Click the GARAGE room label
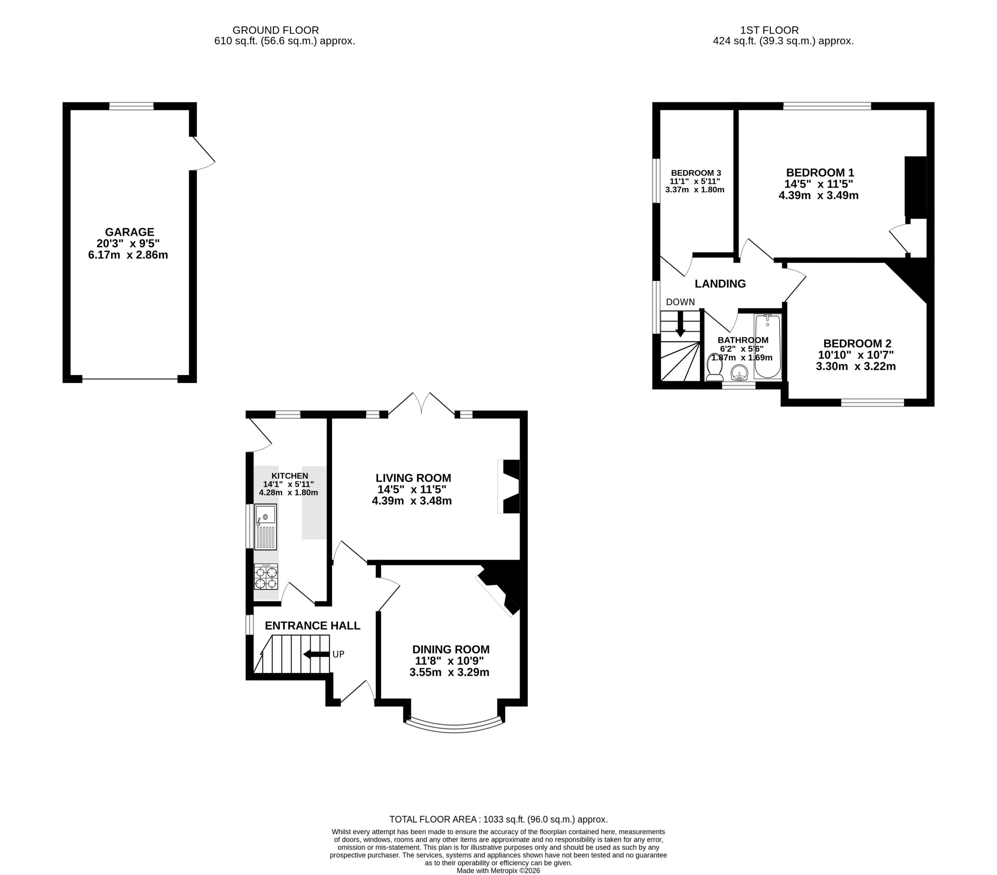pyautogui.click(x=130, y=232)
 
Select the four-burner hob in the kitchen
pyautogui.click(x=266, y=577)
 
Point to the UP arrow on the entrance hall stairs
pyautogui.click(x=317, y=654)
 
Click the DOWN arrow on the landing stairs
pyautogui.click(x=680, y=324)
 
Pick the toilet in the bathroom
pyautogui.click(x=714, y=367)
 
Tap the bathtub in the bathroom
pyautogui.click(x=768, y=346)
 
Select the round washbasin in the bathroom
pyautogui.click(x=740, y=373)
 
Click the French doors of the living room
pyautogui.click(x=421, y=404)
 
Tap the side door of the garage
pyautogui.click(x=202, y=153)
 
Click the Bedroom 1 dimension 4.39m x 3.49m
pyautogui.click(x=819, y=195)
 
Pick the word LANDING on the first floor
pyautogui.click(x=720, y=284)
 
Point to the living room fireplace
pyautogui.click(x=509, y=486)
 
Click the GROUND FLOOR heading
pyautogui.click(x=276, y=30)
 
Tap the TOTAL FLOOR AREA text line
pyautogui.click(x=498, y=819)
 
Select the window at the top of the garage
pyautogui.click(x=131, y=106)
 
